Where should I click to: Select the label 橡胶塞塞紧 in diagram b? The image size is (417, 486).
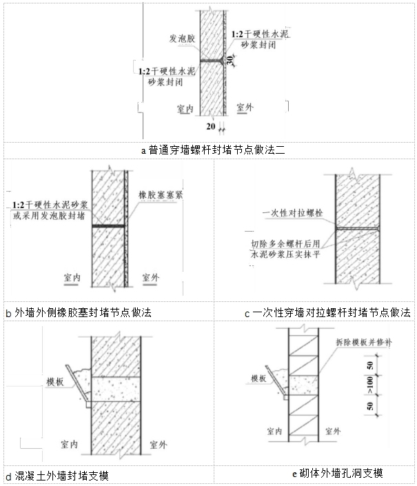point(160,194)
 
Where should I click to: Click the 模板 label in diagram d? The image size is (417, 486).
point(55,381)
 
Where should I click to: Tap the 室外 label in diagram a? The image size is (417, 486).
point(246,108)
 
